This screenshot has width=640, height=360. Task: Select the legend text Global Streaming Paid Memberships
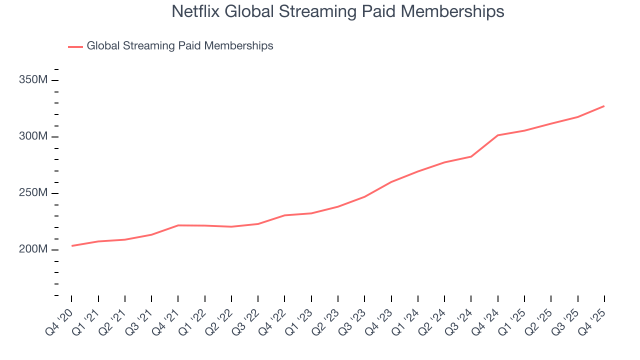[x=180, y=46]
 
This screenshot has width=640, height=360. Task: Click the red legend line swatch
[x=75, y=46]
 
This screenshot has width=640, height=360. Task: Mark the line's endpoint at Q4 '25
[x=604, y=106]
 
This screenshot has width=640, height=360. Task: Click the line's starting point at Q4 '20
[x=71, y=245]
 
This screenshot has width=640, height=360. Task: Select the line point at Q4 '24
[x=498, y=135]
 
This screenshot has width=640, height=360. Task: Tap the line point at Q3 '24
[x=471, y=156]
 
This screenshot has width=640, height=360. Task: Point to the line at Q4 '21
[x=178, y=225]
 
